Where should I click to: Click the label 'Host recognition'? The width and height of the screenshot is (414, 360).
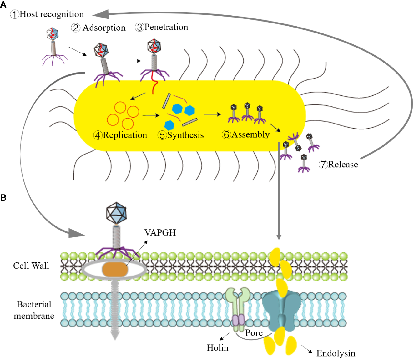(51, 14)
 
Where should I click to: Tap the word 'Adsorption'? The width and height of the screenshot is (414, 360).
(104, 28)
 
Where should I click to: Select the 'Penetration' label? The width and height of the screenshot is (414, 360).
(166, 27)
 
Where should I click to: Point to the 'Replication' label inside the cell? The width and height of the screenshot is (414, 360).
(125, 135)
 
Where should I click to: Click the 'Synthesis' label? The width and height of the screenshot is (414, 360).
(185, 135)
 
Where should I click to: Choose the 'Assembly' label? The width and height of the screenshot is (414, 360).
(250, 134)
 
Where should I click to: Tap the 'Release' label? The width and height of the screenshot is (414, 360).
(343, 165)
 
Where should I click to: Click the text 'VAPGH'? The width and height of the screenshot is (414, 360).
(160, 233)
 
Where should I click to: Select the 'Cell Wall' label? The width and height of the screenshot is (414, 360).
(31, 266)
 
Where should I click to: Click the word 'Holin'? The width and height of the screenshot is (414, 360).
(217, 348)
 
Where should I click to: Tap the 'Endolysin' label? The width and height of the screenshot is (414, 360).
(336, 353)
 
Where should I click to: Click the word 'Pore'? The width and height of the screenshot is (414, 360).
(254, 333)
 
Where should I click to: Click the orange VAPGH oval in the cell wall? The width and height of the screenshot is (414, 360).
(115, 269)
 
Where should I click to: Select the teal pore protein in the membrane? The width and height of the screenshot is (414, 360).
(282, 310)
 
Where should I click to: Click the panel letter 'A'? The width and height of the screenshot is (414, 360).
(3, 5)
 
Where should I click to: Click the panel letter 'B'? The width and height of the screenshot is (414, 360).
(3, 198)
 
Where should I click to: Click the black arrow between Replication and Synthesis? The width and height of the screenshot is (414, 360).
(151, 115)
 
